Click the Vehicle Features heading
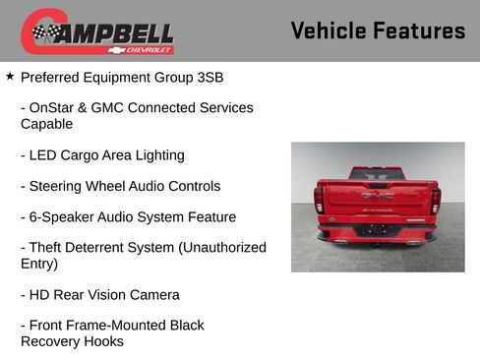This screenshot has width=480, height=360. pos(378,31)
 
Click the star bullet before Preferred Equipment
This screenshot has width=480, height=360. pos(10,75)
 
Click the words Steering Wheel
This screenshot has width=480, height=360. pos(77,186)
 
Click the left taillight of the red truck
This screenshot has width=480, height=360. pos(320,200)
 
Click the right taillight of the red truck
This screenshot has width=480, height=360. pos(435,200)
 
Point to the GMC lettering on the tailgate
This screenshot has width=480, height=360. pos(377,196)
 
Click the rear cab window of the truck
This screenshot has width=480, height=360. pos(377,173)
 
